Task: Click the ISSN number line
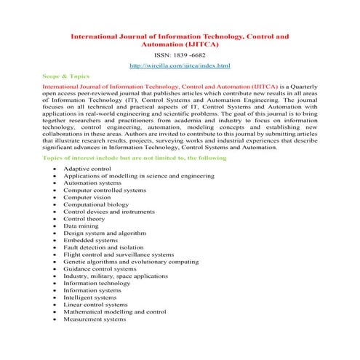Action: tap(179, 54)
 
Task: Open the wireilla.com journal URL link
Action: tap(179, 66)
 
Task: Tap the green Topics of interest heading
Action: tap(135, 157)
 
